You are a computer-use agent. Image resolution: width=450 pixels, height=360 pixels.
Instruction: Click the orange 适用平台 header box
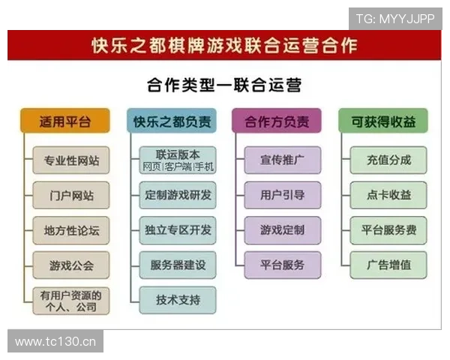point(64,121)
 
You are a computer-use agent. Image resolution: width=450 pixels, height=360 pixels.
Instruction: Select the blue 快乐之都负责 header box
point(172,121)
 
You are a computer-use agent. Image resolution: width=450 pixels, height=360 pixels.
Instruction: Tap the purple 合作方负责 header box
point(277,121)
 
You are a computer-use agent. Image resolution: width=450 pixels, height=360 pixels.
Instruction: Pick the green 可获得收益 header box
point(382,121)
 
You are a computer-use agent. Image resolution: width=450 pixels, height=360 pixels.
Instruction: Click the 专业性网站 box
point(70,160)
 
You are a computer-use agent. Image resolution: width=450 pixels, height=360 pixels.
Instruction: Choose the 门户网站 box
point(70,195)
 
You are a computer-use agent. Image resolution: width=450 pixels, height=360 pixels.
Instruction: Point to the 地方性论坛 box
point(70,230)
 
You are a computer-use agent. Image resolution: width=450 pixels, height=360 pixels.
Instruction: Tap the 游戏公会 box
point(70,265)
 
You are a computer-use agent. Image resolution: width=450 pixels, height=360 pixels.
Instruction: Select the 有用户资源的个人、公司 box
point(70,300)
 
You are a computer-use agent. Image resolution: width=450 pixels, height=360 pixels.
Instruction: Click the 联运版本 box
point(178,160)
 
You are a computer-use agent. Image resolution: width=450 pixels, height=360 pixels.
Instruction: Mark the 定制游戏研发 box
point(178,195)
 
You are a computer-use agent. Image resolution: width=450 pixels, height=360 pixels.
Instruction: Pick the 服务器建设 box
point(178,265)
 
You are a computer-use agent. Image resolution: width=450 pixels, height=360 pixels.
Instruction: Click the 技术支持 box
point(178,300)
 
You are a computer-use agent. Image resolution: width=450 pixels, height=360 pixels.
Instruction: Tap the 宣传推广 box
point(282,160)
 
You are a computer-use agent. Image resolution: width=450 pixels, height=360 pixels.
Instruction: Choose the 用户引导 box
point(282,195)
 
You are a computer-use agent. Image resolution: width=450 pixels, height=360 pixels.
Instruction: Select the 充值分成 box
point(388,160)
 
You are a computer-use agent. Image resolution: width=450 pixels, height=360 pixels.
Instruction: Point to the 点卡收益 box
point(388,195)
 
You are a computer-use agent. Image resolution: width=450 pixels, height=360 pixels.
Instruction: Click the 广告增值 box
point(388,265)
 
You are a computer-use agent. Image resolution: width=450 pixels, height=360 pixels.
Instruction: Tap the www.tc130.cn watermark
point(56,342)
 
